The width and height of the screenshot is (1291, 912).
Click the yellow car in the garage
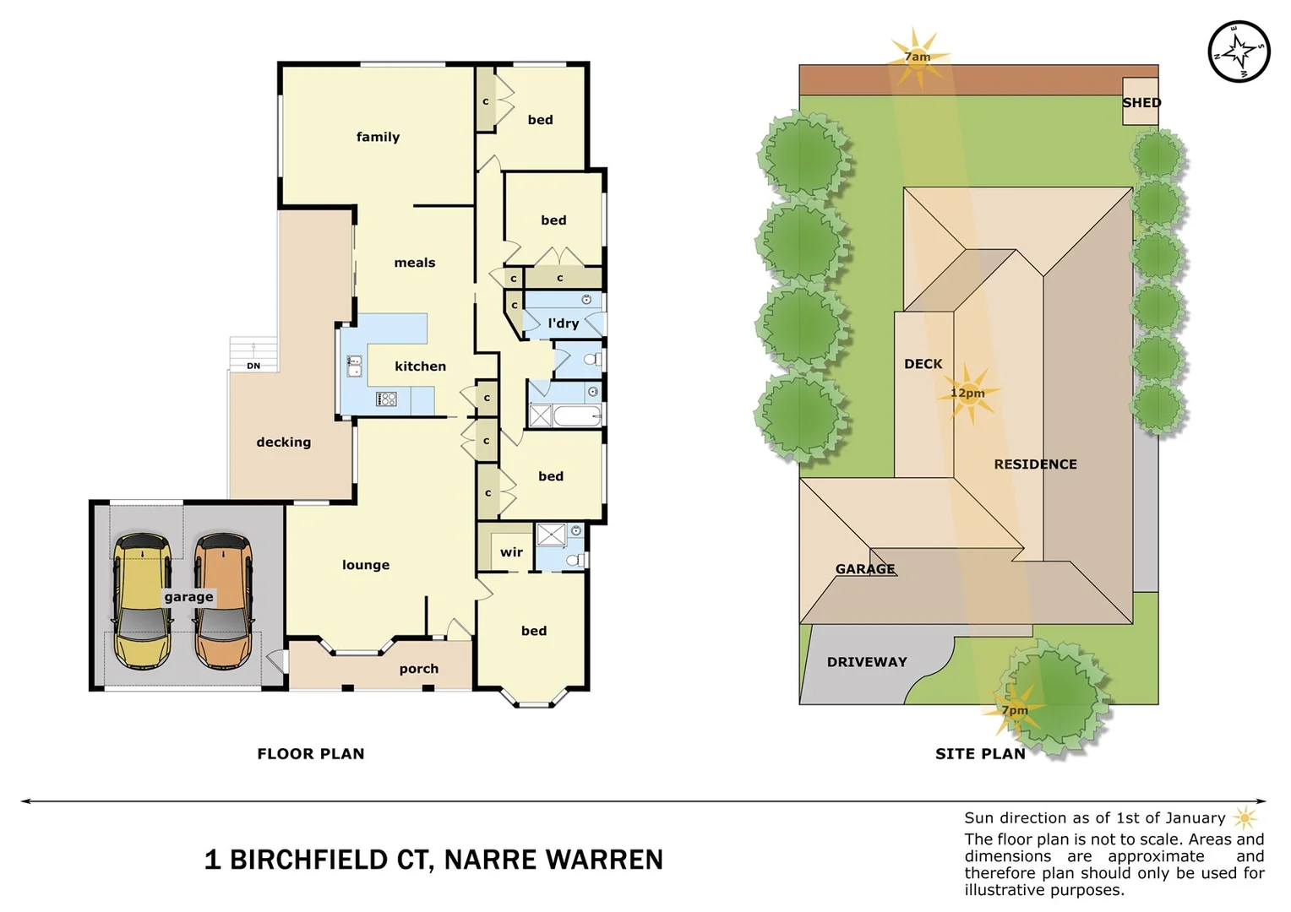point(143,600)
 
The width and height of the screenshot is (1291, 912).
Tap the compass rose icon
point(1238,52)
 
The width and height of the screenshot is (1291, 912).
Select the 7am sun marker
point(917,57)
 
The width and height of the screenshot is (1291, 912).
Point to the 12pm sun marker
point(968,394)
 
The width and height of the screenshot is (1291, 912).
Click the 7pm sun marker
point(1015,710)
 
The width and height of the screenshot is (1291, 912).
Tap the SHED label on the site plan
point(1141,102)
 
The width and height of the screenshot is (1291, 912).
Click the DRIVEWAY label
point(867,662)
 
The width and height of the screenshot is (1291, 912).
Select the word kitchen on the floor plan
point(420,366)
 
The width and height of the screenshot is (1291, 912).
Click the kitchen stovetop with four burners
point(386,399)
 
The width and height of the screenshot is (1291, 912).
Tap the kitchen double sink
point(355,366)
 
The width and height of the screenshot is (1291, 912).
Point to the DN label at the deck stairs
point(253,366)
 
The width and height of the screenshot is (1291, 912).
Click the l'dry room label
point(563,323)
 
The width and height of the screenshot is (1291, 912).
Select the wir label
point(511,552)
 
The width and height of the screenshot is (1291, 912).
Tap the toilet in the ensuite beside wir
point(574,559)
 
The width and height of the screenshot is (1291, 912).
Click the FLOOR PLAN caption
point(311,753)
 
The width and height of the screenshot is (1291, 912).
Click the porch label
point(419,669)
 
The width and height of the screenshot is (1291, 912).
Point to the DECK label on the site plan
point(923,364)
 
